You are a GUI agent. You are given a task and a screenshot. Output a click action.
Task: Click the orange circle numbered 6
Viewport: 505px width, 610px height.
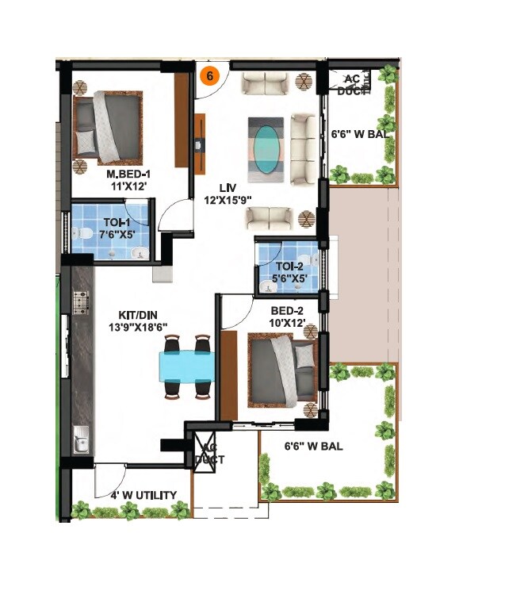(209, 76)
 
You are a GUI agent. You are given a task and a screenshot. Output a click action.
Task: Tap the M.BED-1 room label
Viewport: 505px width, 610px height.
(129, 174)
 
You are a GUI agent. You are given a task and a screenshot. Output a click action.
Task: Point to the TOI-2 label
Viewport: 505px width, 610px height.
(289, 267)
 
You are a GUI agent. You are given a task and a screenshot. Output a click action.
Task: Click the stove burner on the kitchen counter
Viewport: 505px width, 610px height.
(81, 301)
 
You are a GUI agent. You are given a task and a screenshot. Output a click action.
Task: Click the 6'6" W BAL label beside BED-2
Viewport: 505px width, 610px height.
(315, 447)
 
